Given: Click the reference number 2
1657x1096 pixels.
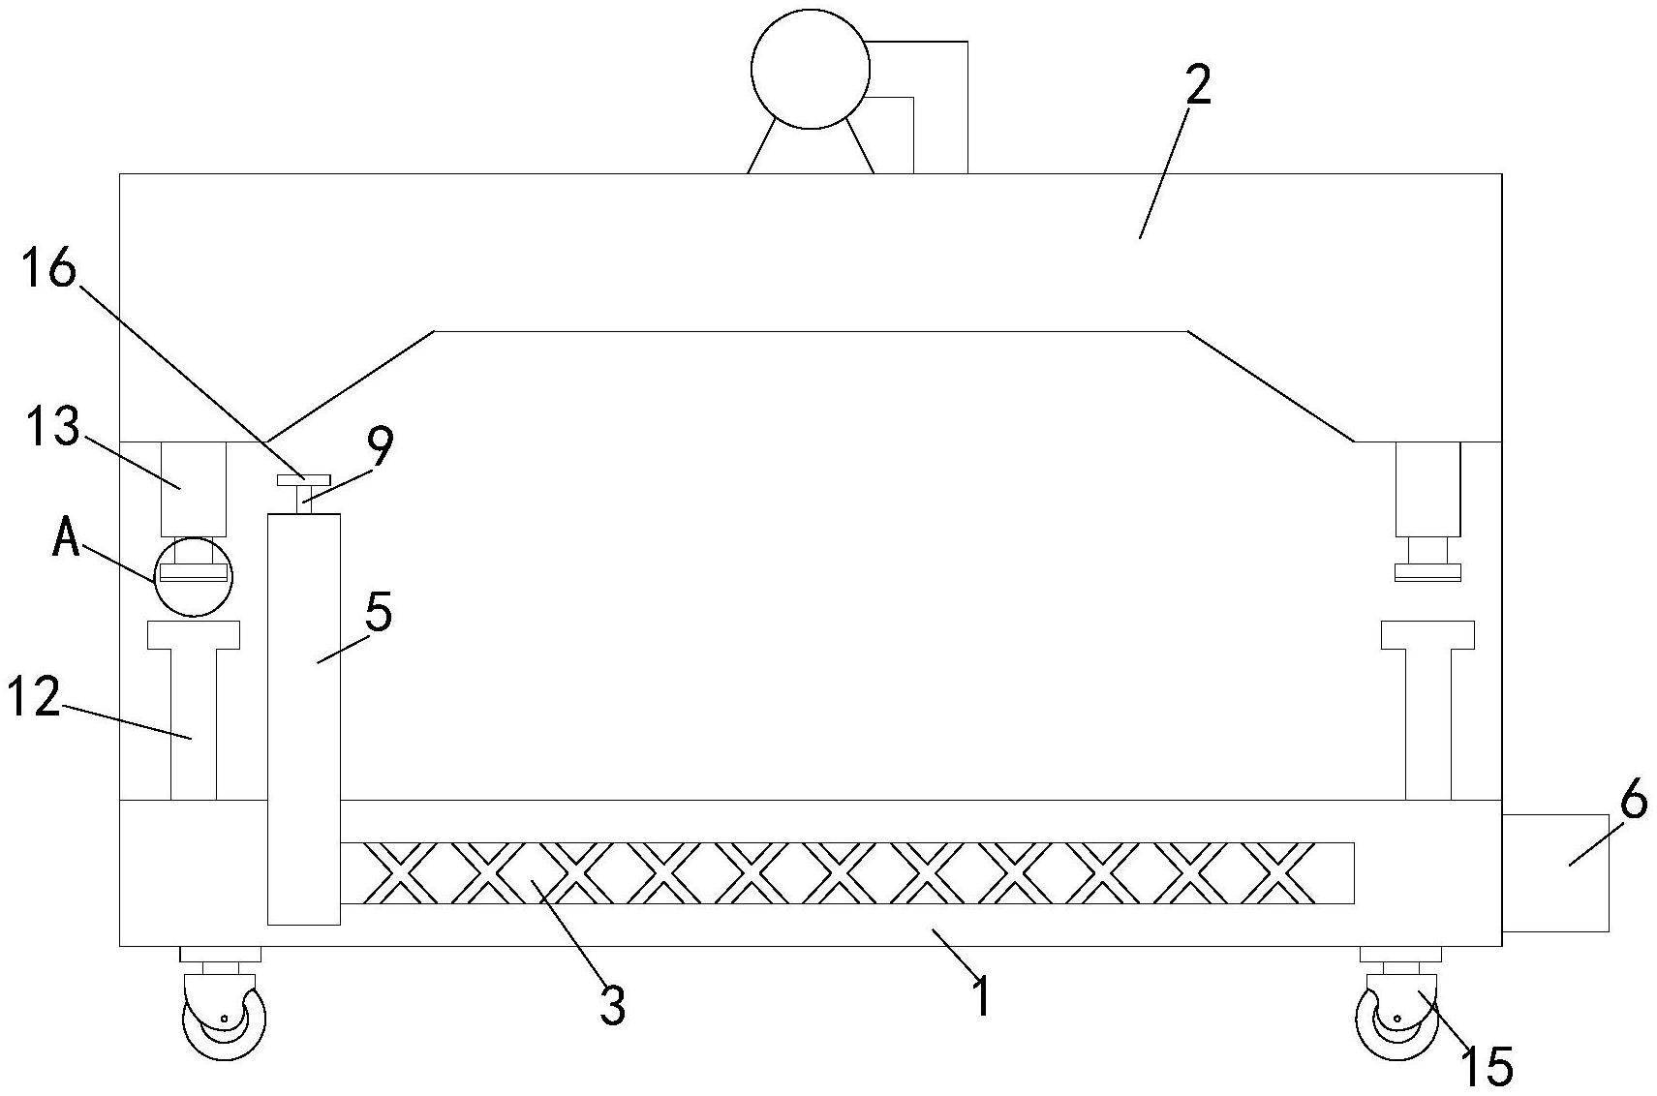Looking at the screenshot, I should point(1197,88).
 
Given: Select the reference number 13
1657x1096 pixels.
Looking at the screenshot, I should point(53,427).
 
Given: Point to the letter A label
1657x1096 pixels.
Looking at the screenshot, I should point(66,538).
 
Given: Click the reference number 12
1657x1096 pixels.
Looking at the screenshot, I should point(34,697).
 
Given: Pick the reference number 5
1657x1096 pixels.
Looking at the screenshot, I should point(379,612).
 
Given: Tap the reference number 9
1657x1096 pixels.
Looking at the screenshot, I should point(380,448).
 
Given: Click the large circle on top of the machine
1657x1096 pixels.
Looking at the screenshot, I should point(810,69).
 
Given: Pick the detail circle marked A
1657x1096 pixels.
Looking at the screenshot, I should point(194,575).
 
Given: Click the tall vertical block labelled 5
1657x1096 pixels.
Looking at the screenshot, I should point(303,718).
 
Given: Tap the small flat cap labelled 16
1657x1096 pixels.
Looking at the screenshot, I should point(303,480).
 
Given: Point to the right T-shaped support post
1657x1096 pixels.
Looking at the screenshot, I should point(1427,712).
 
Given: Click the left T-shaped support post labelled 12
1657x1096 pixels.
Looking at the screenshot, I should point(194,712).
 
